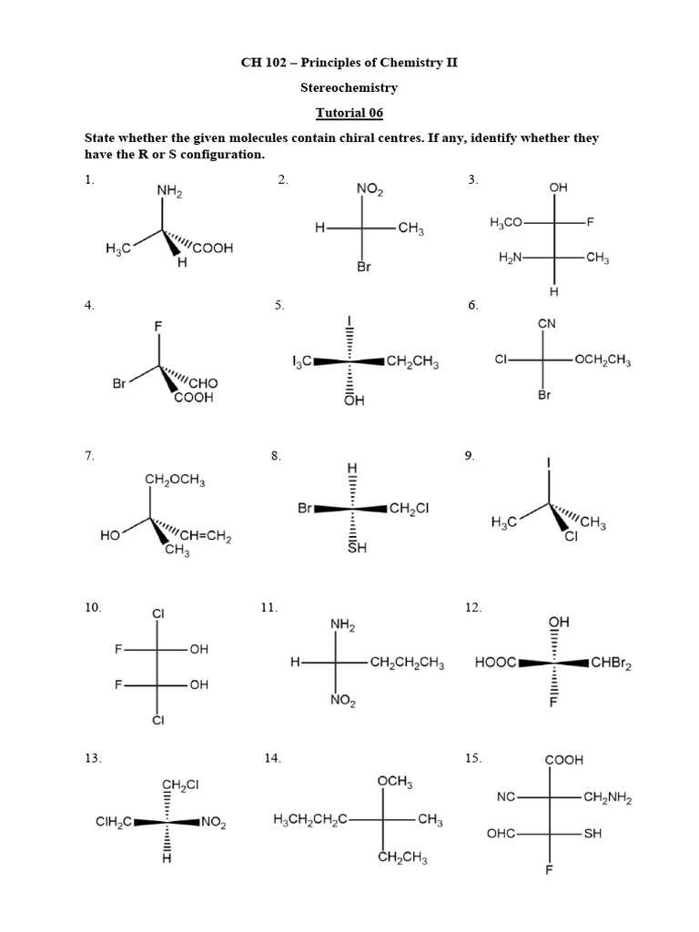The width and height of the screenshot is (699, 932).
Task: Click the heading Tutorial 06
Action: [349, 113]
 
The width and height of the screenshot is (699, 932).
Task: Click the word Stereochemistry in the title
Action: [349, 88]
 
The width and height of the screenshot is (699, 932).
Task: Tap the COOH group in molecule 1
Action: [212, 248]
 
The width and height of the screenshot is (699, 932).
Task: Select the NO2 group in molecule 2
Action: [370, 190]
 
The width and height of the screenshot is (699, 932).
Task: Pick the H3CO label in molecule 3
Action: [506, 222]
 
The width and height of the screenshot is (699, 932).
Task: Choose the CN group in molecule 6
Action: [547, 323]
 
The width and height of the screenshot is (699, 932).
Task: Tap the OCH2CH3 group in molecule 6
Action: [602, 360]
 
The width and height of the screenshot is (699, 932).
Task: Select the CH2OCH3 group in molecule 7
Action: [175, 481]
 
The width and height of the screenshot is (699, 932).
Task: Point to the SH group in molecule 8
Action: [357, 548]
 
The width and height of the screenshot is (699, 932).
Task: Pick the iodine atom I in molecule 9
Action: [549, 463]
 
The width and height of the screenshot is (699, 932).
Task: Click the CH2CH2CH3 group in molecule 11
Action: [407, 664]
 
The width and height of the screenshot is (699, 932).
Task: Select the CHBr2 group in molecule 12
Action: [611, 664]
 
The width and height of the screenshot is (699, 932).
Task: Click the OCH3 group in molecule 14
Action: [395, 782]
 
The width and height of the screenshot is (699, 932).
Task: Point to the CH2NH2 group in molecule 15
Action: [607, 798]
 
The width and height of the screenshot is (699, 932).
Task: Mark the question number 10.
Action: [92, 607]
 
